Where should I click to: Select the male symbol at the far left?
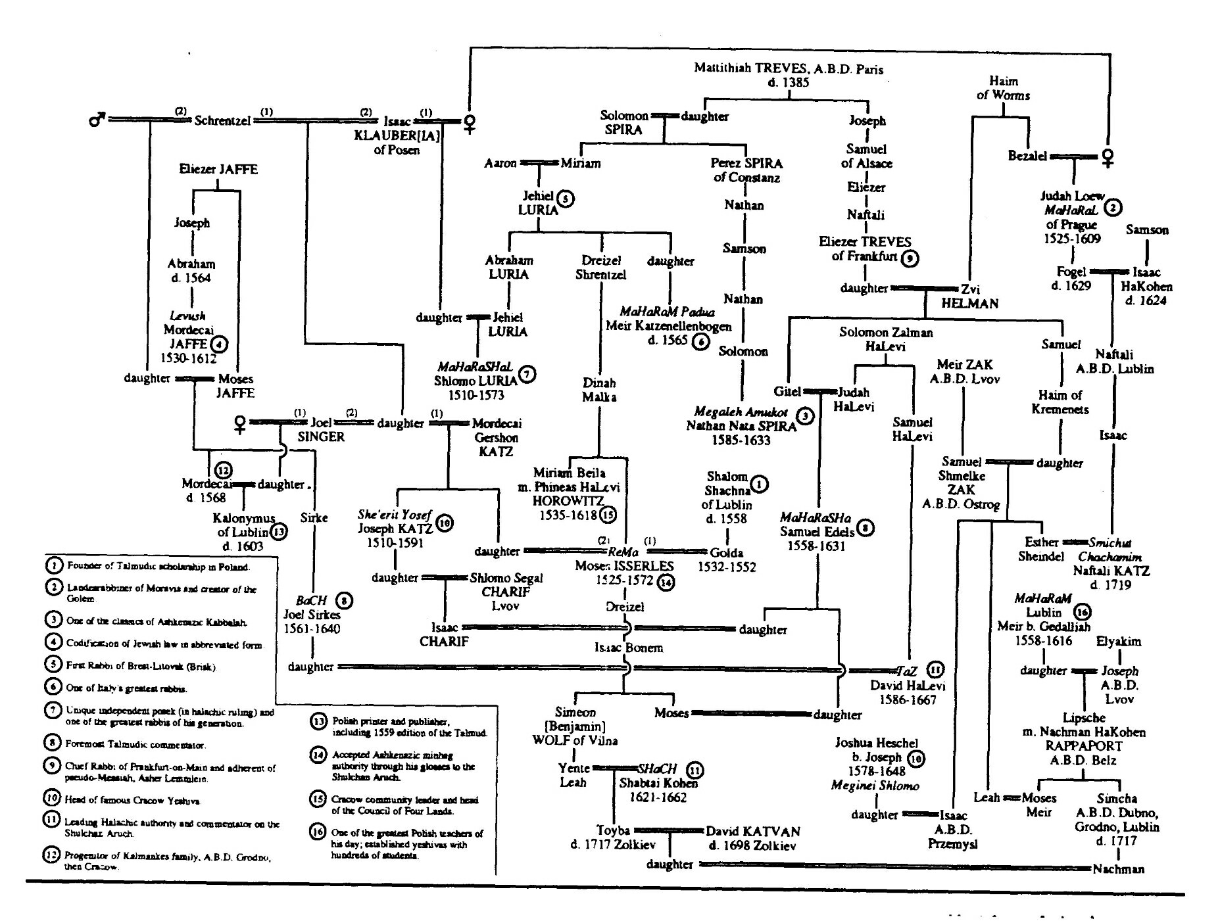point(96,120)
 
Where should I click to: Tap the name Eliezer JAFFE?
point(218,170)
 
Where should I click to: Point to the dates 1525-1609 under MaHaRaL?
point(1072,239)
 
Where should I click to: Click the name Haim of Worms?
point(1003,88)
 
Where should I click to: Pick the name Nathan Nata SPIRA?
point(741,426)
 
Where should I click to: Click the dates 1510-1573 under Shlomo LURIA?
point(476,395)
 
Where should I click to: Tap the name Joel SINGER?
point(321,429)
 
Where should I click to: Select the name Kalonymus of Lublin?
point(243,525)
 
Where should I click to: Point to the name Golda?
point(727,552)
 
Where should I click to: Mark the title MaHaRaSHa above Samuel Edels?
point(816,517)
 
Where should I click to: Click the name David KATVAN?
point(753,832)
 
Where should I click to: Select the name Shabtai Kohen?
point(658,783)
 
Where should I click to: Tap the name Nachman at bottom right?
point(1118,869)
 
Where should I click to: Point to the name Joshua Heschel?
point(876,743)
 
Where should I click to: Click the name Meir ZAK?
point(965,365)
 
